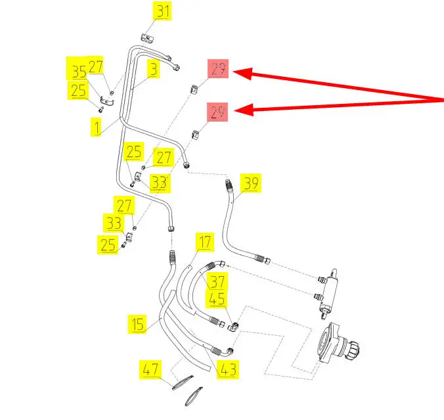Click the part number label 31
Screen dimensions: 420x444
point(162,11)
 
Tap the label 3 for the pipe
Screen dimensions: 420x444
point(152,70)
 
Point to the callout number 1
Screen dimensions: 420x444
point(97,127)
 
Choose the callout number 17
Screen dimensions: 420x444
point(206,242)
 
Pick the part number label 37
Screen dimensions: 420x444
point(217,282)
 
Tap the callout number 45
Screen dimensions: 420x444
point(217,298)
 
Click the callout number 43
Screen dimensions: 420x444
point(228,369)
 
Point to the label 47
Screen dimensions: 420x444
point(150,369)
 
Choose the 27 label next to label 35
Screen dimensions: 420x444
point(96,66)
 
